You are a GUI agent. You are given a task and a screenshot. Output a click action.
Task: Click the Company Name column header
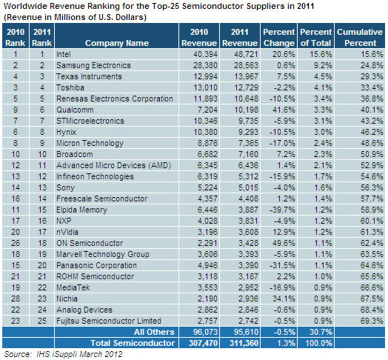tap(117, 43)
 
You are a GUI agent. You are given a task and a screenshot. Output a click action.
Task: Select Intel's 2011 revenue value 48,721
tap(246, 54)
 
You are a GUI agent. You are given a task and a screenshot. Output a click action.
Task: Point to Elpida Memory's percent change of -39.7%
tap(282, 210)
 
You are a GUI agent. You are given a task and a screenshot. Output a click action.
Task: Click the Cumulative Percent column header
tap(360, 37)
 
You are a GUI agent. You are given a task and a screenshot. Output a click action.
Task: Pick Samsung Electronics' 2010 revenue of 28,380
tap(205, 65)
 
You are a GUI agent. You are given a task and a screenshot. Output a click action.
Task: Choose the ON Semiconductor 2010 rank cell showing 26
tap(16, 243)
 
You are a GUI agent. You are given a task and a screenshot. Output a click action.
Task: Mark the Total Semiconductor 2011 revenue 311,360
tap(244, 343)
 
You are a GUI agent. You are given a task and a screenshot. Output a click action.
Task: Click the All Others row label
tap(154, 332)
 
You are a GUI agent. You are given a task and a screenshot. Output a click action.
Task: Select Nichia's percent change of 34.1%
tap(284, 299)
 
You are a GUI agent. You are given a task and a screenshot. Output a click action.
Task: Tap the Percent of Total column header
tap(315, 37)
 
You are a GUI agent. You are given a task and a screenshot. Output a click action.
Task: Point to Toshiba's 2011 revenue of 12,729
tap(246, 87)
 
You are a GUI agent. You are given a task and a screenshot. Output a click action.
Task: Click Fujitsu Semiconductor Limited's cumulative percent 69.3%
tap(372, 321)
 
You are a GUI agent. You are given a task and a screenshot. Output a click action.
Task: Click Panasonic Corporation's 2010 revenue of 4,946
tap(207, 265)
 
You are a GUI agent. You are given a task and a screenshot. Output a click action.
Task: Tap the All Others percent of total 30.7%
tap(321, 332)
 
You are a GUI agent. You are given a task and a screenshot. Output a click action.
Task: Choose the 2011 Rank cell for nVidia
tap(42, 232)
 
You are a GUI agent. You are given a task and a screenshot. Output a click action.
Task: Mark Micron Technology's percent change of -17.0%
tap(282, 143)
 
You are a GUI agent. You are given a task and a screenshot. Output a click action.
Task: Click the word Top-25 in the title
tap(165, 6)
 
